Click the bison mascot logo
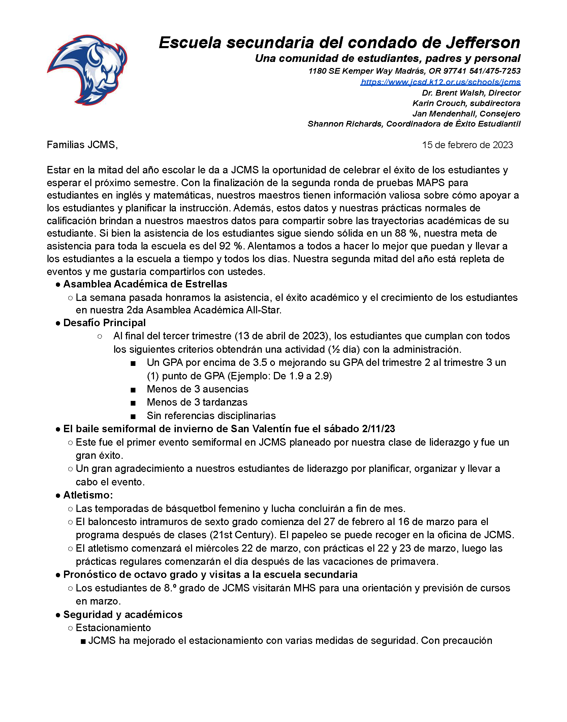[87, 70]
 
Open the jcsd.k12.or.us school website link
[440, 82]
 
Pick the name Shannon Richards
[345, 124]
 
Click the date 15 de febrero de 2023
[467, 145]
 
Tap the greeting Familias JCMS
[82, 145]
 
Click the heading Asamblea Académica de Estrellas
[145, 284]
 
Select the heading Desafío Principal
[104, 323]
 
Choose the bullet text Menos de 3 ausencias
[197, 389]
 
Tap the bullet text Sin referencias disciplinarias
[211, 416]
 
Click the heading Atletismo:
[88, 495]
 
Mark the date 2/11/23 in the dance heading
[378, 429]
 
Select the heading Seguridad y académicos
[123, 615]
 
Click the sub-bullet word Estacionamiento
[113, 628]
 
